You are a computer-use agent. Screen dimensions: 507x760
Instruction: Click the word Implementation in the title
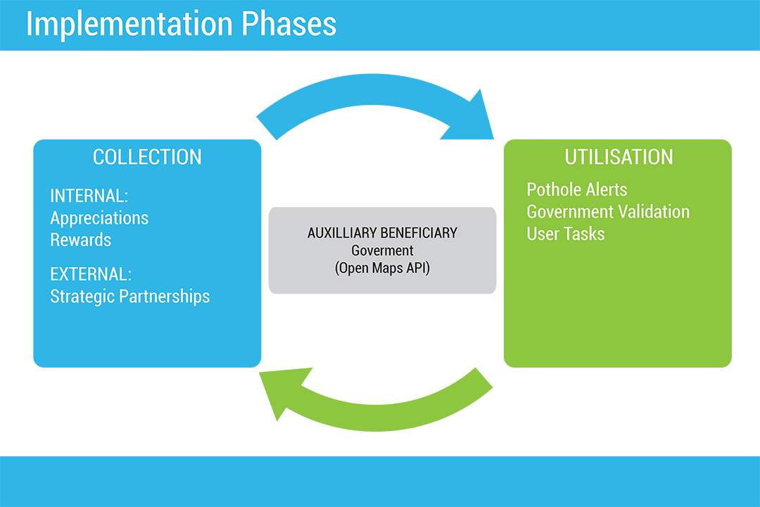point(129,23)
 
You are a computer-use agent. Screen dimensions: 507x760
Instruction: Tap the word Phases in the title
point(289,23)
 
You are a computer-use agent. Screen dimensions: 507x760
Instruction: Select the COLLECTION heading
point(147,156)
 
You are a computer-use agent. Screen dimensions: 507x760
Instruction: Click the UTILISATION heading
point(619,156)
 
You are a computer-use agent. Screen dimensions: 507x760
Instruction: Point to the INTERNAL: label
point(89,196)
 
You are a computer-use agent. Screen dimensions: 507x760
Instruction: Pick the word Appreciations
point(99,218)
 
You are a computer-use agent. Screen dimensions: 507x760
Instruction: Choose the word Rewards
point(80,239)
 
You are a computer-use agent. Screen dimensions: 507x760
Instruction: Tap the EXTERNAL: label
point(91,274)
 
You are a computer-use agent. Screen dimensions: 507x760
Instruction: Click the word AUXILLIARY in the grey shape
point(342,233)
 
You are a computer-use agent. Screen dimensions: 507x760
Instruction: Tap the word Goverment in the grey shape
point(382,250)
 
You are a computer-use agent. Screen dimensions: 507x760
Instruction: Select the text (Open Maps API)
point(382,268)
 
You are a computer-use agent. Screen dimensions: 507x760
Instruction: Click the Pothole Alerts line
point(576,189)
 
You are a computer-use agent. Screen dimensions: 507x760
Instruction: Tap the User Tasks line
point(565,233)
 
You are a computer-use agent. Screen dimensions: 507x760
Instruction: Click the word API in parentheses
point(418,268)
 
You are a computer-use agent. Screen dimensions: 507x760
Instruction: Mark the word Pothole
point(552,189)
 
